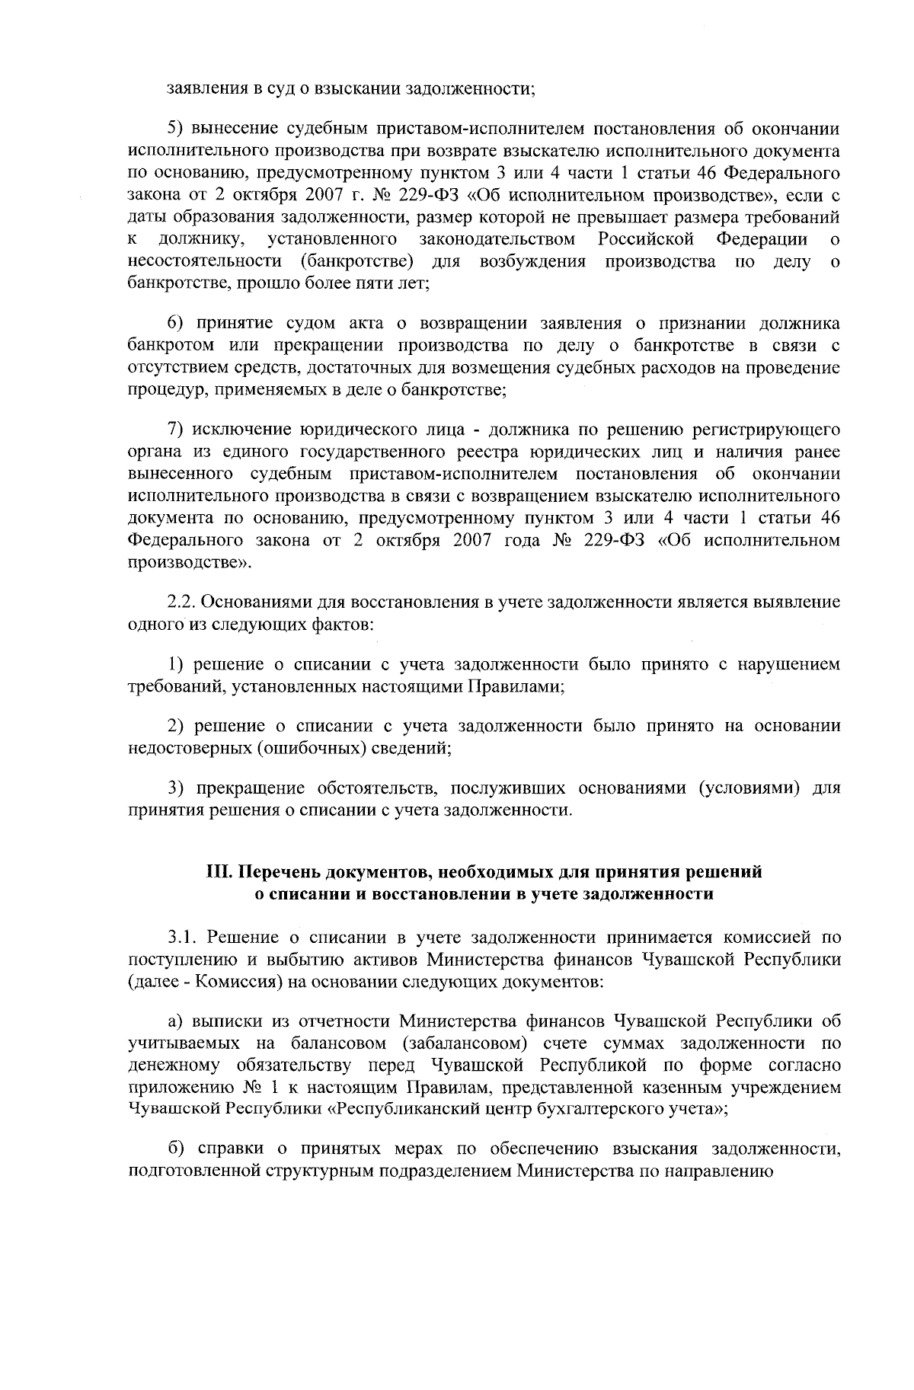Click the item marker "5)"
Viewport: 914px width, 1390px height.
(175, 127)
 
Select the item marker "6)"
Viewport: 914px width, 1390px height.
(175, 324)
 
